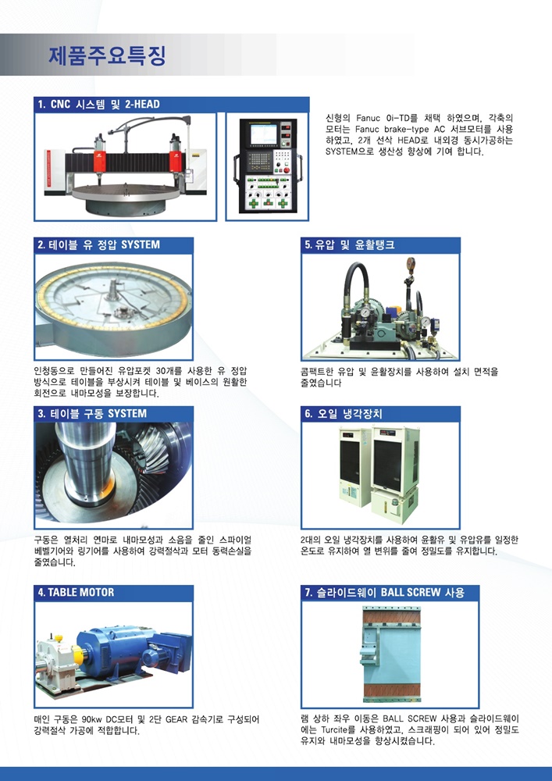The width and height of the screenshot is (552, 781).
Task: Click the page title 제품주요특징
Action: coord(107,55)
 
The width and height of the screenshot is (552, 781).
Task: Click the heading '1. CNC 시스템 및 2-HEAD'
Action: coord(99,105)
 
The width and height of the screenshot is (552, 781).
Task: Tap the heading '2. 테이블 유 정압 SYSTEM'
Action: coord(99,245)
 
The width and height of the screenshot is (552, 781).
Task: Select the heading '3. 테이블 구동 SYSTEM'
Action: coord(92,414)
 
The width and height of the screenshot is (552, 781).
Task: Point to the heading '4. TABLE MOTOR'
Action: coord(77,593)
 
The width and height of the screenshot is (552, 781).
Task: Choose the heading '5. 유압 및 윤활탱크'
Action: coord(350,245)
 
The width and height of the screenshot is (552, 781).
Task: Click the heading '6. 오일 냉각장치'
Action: coord(344,414)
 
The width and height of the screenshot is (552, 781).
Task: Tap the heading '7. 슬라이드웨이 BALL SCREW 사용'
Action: coord(385,593)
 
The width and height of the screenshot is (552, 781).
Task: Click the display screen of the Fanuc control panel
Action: coord(263,133)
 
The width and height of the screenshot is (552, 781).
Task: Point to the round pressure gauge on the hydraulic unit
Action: coord(367,312)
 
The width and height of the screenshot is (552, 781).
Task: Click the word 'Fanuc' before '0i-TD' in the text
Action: coord(367,119)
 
